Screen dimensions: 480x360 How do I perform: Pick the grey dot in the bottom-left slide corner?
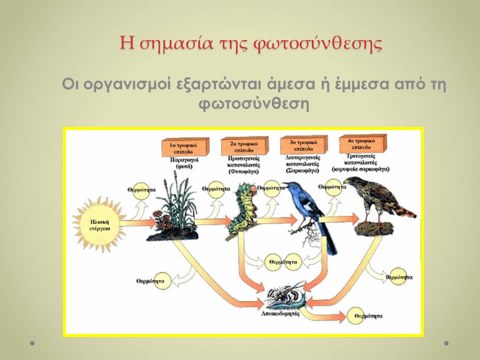(x=32, y=343)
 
